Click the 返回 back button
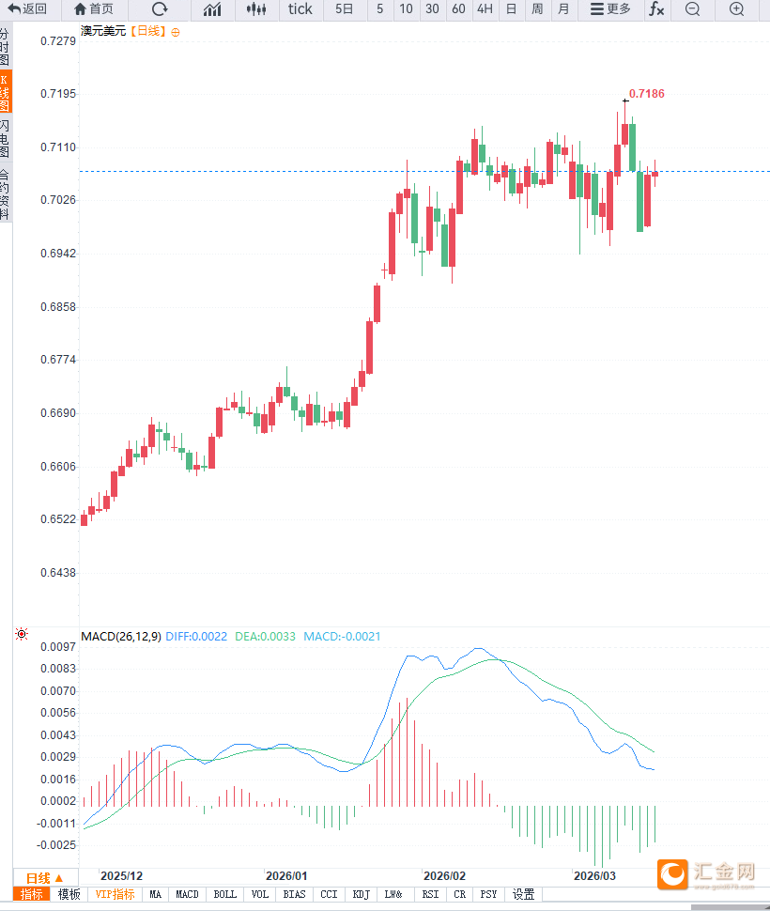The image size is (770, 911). (27, 9)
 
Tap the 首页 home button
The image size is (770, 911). (93, 9)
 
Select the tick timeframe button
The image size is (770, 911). (300, 9)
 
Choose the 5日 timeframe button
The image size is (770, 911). (345, 9)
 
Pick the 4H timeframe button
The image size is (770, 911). (485, 9)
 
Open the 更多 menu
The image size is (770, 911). (610, 9)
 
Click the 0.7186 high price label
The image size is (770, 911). (646, 94)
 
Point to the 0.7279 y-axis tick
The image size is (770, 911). (58, 42)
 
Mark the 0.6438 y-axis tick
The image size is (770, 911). (58, 572)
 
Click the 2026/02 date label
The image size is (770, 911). (445, 875)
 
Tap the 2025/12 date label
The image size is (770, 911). (122, 875)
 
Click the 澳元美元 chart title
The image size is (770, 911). (103, 31)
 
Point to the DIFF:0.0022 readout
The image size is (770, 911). (196, 637)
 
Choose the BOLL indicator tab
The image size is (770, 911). (225, 895)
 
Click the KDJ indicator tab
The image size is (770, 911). (362, 895)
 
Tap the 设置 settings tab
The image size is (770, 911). (523, 895)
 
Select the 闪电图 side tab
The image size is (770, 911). (6, 138)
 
